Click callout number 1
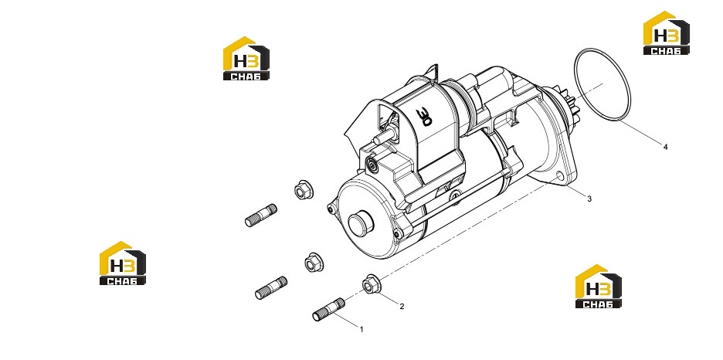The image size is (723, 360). pyautogui.click(x=361, y=330)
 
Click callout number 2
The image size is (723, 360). pyautogui.click(x=402, y=306)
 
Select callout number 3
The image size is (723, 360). pyautogui.click(x=589, y=199)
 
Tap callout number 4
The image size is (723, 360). pyautogui.click(x=665, y=147)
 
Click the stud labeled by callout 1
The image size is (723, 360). pyautogui.click(x=328, y=309)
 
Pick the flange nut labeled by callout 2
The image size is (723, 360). pyautogui.click(x=369, y=284)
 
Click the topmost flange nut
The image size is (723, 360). pyautogui.click(x=302, y=189)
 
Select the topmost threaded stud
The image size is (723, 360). pyautogui.click(x=261, y=216)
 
